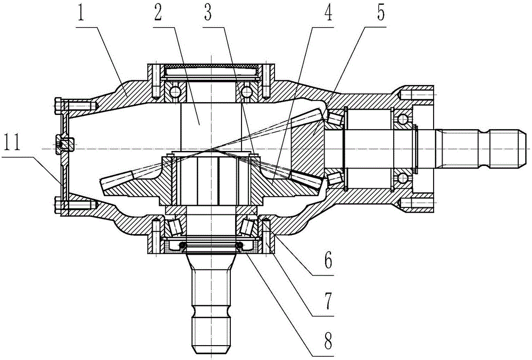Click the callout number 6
click(329, 261)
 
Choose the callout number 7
click(329, 302)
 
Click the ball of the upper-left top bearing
click(174, 93)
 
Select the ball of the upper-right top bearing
click(246, 93)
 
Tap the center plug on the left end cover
click(63, 144)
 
